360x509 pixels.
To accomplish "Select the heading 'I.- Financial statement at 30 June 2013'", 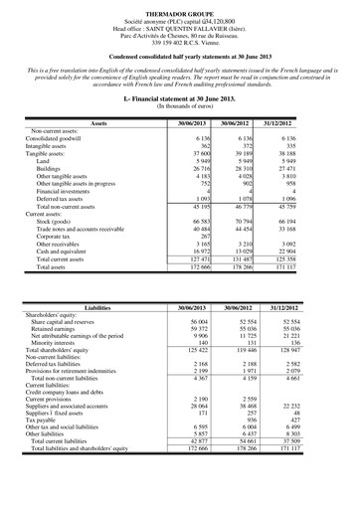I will [180, 100].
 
